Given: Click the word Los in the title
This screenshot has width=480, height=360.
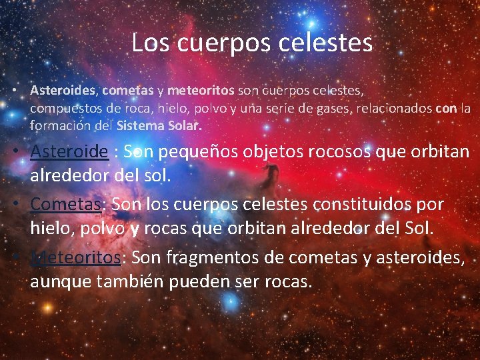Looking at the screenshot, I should (147, 43).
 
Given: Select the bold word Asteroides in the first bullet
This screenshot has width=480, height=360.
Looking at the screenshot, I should (64, 89).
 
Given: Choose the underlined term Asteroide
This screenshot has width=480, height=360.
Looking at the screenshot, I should (69, 151).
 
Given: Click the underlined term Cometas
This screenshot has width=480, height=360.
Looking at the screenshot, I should (65, 204).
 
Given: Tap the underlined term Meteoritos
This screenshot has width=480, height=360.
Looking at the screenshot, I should (75, 257).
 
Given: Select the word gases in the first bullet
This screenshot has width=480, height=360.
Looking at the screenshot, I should (323, 107).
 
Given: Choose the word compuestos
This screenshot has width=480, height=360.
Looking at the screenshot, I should (63, 107).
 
